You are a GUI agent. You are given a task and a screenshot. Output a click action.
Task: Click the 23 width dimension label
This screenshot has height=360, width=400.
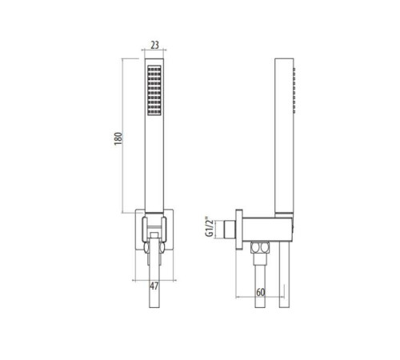tap(154, 45)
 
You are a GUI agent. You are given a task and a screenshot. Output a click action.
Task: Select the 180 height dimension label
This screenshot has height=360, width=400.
tap(118, 138)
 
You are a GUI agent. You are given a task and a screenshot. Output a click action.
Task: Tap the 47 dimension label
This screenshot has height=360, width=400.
tap(154, 286)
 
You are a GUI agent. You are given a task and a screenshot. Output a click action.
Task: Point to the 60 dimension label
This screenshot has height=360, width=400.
tap(261, 292)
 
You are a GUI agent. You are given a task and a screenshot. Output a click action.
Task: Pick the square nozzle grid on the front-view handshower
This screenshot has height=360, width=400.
tap(154, 90)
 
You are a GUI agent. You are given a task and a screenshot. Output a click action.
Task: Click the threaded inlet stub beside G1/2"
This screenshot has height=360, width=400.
tap(230, 229)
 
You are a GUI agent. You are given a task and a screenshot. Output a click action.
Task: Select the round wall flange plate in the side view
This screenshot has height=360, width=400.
tap(239, 230)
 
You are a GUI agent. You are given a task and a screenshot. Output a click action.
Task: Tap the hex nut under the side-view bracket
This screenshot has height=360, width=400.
tap(260, 248)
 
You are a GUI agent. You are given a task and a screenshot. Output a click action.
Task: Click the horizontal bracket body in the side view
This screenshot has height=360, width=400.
tap(267, 229)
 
